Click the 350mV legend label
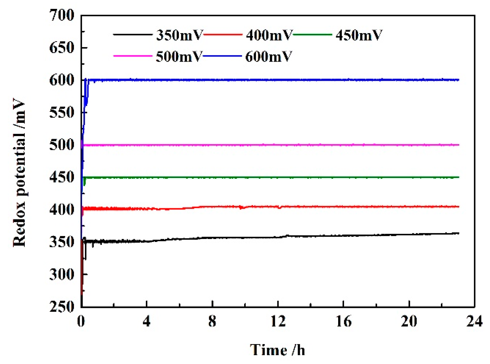tap(179, 35)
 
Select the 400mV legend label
tap(269, 35)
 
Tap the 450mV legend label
tap(359, 35)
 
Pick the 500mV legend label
tap(179, 57)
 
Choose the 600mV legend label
tap(268, 57)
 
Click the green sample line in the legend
tap(312, 34)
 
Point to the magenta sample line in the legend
tap(133, 56)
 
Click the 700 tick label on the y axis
tap(62, 15)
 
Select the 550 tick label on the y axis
tap(62, 112)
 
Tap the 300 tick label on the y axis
tap(62, 275)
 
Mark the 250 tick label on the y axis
tap(62, 307)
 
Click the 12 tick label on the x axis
tap(278, 321)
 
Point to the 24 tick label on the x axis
tap(474, 321)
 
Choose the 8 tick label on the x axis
tap(212, 321)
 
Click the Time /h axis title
tap(277, 350)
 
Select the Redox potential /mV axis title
tap(19, 172)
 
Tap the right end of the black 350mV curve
tap(458, 233)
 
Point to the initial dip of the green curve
tap(85, 184)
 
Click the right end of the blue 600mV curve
tap(458, 80)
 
